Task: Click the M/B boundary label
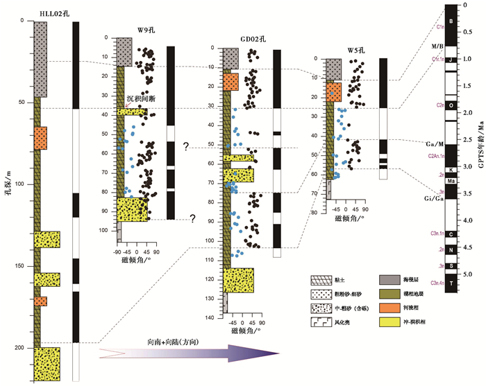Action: [437, 46]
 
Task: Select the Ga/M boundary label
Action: [435, 143]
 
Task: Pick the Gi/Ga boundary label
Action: [435, 198]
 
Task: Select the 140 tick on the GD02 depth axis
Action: [210, 317]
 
